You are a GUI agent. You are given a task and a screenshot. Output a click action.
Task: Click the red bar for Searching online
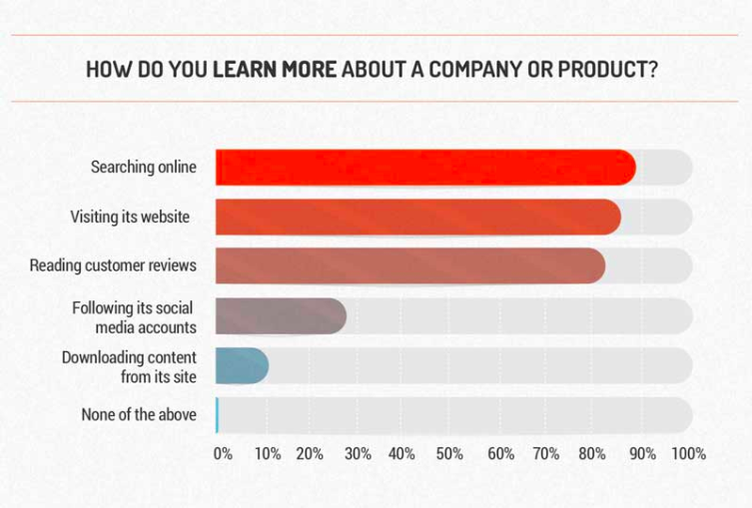(424, 168)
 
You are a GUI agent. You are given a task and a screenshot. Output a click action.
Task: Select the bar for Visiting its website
(417, 217)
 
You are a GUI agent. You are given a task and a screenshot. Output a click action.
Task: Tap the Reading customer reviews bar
(409, 265)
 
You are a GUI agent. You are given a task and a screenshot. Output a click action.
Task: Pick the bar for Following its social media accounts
(281, 316)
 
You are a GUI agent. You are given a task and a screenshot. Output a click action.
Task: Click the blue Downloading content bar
(242, 365)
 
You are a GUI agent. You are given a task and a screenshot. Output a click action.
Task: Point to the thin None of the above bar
(217, 414)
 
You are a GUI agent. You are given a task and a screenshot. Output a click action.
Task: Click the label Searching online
(143, 168)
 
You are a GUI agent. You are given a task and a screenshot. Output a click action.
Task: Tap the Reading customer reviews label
(113, 265)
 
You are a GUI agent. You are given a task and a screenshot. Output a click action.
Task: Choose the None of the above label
(139, 414)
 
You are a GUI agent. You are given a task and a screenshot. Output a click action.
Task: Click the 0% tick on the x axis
(223, 454)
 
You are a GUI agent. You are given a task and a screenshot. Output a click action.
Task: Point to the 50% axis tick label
(450, 454)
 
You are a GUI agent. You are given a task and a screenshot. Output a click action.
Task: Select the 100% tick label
(688, 454)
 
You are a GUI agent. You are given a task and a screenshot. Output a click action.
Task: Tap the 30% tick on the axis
(359, 454)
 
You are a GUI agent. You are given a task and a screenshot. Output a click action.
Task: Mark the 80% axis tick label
(593, 454)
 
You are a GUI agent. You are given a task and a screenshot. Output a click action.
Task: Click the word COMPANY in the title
(478, 71)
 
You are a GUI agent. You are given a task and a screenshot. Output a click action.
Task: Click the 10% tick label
(268, 454)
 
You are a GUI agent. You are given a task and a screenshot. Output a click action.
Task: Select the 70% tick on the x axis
(547, 454)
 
